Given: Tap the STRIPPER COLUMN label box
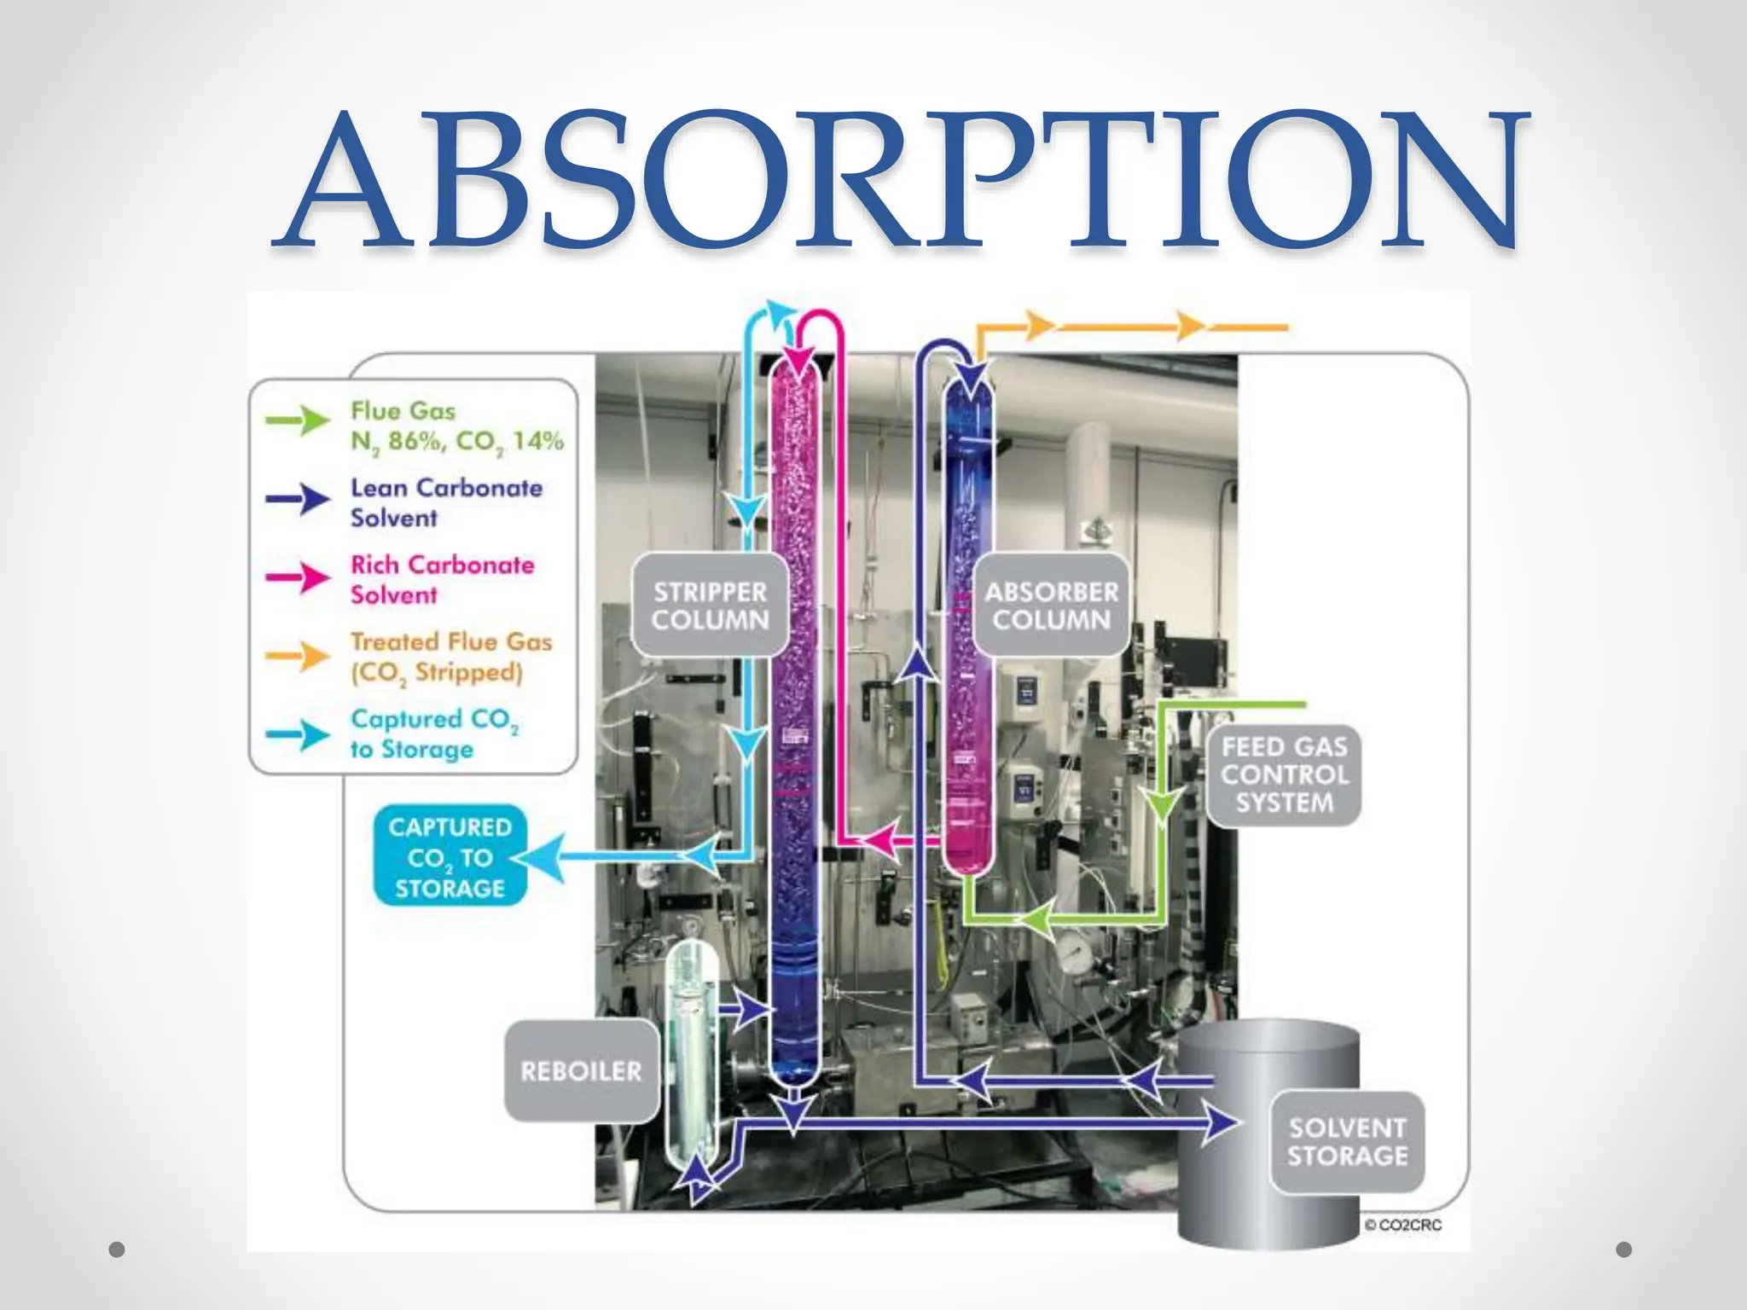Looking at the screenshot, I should click(x=710, y=606).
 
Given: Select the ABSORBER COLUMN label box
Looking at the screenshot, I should click(x=1051, y=606).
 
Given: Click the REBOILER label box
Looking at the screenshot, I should click(x=581, y=1071).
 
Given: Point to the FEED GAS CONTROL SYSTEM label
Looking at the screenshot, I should click(x=1284, y=775).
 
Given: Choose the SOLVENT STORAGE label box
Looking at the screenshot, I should click(x=1347, y=1142).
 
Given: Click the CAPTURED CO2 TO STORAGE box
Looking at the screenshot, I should click(x=450, y=856).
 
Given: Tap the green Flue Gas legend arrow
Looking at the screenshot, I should click(x=298, y=420).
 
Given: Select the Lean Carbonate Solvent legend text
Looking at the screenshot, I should click(x=446, y=502).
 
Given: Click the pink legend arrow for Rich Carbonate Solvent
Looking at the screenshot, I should click(x=298, y=577).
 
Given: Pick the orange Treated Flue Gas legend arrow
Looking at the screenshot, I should click(x=298, y=656).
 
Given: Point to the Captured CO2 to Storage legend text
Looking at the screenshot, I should click(x=433, y=734).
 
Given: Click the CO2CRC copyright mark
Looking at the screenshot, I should click(x=1403, y=1225).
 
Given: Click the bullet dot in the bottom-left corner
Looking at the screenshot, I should click(x=118, y=1249).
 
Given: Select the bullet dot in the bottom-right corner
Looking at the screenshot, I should click(x=1624, y=1249).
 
